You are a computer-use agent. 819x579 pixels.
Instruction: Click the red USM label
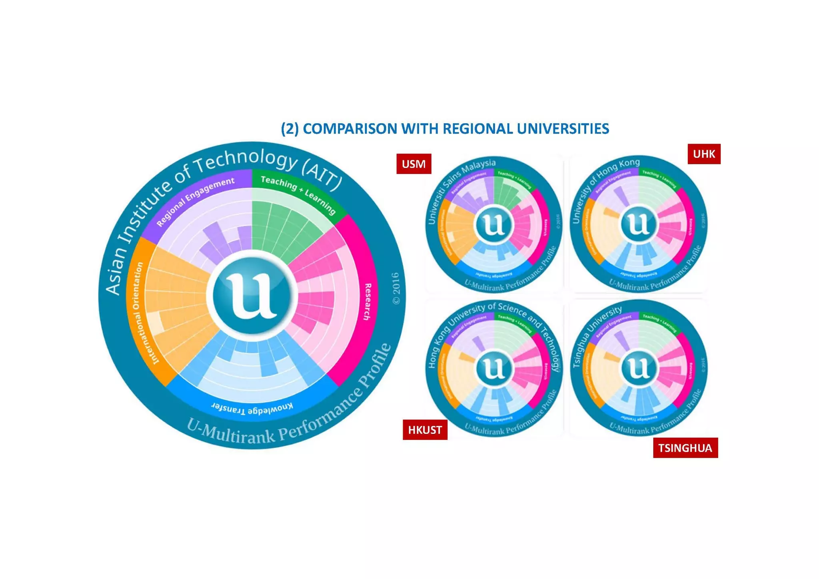[413, 164]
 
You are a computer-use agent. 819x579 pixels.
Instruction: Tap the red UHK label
[704, 154]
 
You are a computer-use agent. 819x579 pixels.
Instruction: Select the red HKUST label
[425, 430]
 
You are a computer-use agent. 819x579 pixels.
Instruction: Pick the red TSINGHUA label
[685, 448]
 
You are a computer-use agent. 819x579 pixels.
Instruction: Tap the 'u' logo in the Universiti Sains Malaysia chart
[494, 225]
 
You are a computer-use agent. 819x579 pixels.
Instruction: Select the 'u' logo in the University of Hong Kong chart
[638, 224]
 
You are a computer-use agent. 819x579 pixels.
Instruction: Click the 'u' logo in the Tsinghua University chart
[638, 368]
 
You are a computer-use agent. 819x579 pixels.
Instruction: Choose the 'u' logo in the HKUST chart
[494, 368]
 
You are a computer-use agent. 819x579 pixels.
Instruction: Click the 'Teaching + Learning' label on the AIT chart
[298, 194]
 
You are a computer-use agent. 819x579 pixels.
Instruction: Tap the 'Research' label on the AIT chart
[367, 301]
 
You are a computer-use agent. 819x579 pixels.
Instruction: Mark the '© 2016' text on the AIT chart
[396, 288]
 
